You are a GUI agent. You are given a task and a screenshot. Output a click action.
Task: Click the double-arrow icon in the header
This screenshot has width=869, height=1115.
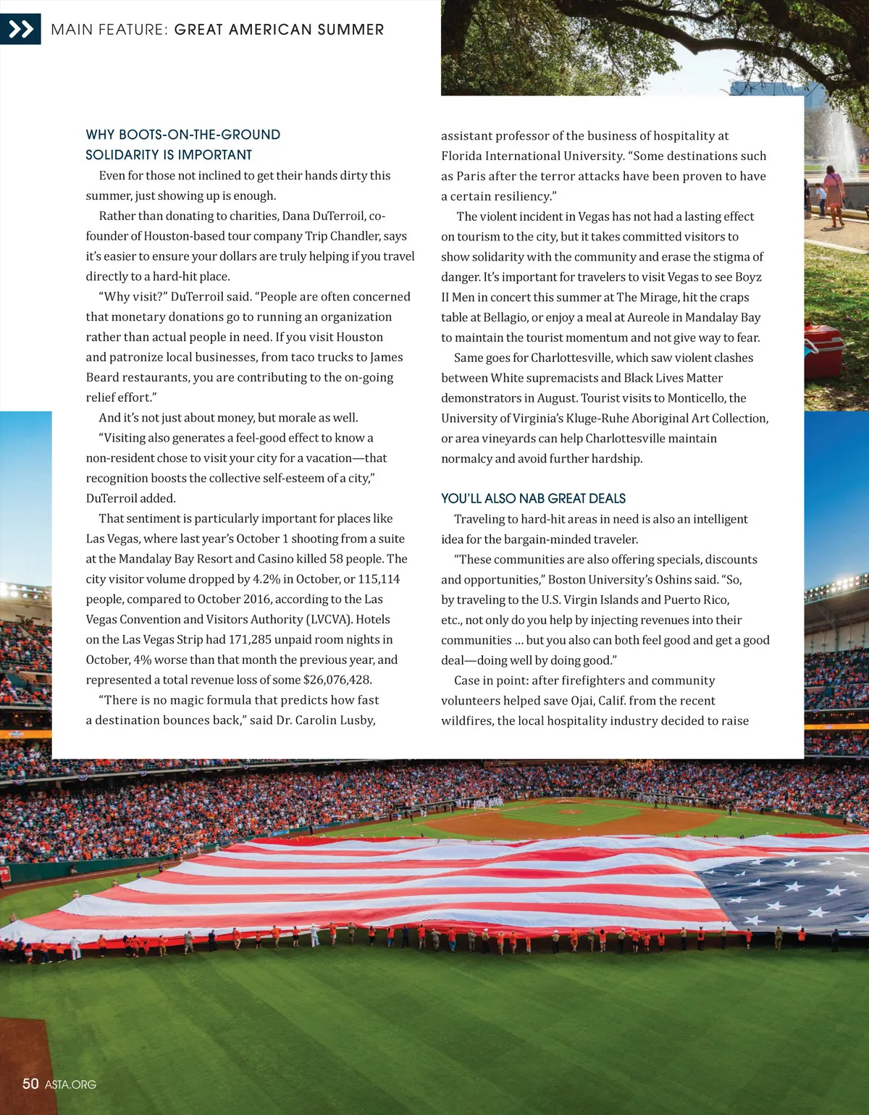(20, 29)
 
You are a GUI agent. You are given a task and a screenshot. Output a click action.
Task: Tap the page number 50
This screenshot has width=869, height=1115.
(30, 1084)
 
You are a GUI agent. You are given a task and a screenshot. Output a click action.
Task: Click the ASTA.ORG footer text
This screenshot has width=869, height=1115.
(70, 1085)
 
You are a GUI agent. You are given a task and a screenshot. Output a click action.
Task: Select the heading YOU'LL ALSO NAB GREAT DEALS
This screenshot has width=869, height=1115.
(533, 498)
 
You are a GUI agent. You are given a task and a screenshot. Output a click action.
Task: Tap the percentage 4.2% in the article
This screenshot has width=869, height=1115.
(266, 579)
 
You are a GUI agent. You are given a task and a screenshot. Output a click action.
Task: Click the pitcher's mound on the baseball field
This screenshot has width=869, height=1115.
(571, 812)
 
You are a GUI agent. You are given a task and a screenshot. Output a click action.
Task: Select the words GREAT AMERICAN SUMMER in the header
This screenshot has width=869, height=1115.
(279, 30)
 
